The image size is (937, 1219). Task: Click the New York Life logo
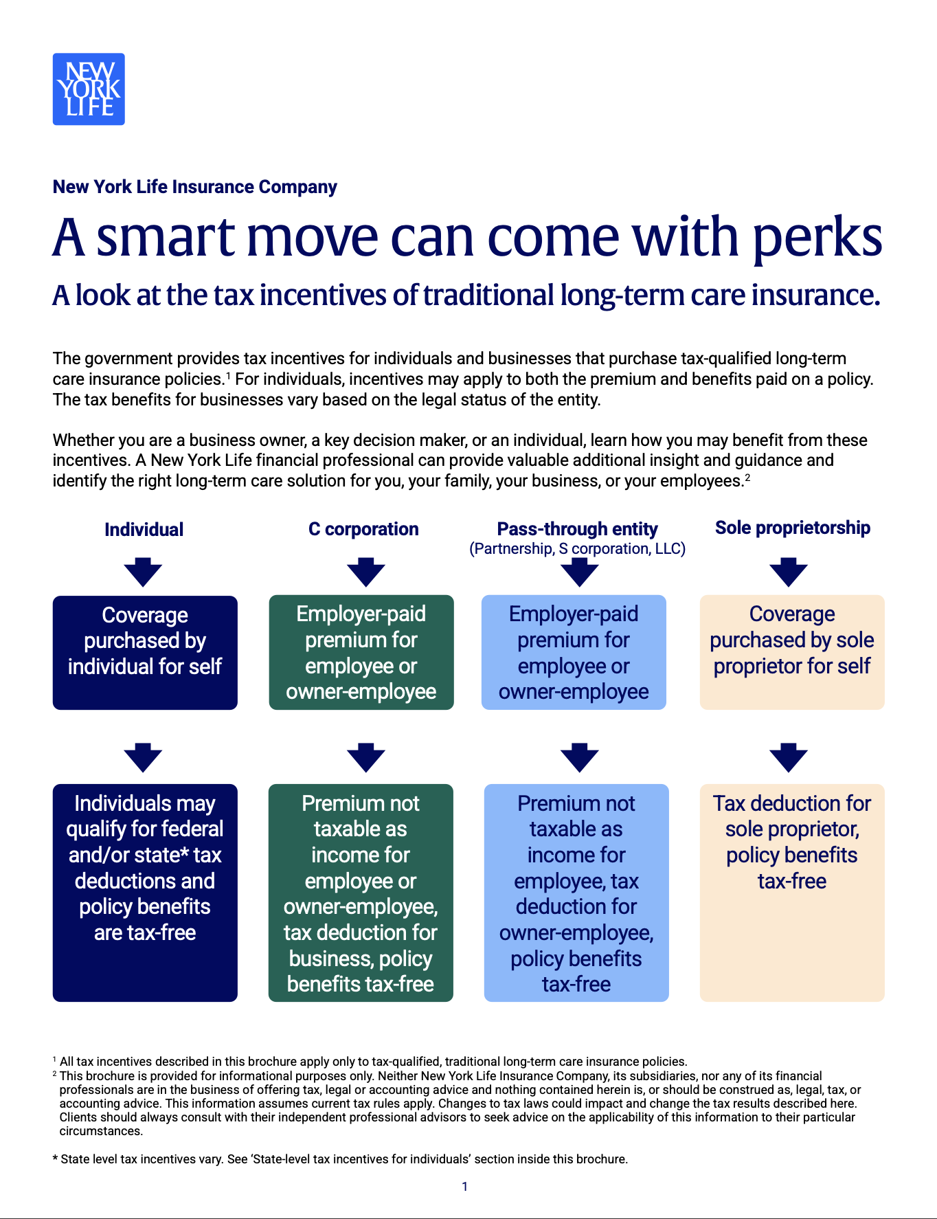89,89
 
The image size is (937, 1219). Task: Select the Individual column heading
144,529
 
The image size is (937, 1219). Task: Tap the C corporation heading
363,529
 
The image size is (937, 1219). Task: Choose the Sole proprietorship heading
793,528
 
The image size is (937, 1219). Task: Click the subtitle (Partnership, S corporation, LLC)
577,548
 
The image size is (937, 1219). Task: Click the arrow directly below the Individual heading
143,572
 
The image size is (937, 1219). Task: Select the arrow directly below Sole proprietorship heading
789,572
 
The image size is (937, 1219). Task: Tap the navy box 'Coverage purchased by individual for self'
145,653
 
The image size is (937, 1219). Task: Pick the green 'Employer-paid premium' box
361,652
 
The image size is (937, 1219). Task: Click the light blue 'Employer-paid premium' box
574,652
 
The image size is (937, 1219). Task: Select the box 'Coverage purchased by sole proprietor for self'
792,652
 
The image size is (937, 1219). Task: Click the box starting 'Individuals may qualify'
145,893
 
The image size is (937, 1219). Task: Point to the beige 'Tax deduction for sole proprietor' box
792,893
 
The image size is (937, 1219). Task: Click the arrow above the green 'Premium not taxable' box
366,757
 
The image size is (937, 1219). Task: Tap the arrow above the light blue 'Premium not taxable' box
580,757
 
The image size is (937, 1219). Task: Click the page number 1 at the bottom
465,1187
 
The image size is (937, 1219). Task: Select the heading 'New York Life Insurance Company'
195,187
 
